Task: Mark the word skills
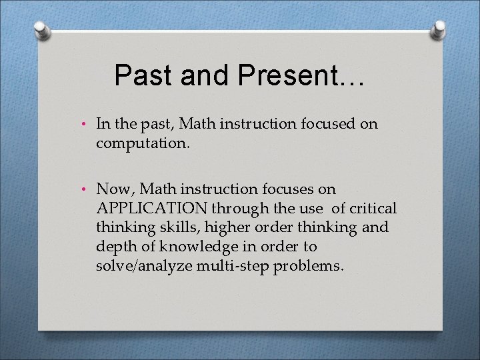[x=160, y=228]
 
